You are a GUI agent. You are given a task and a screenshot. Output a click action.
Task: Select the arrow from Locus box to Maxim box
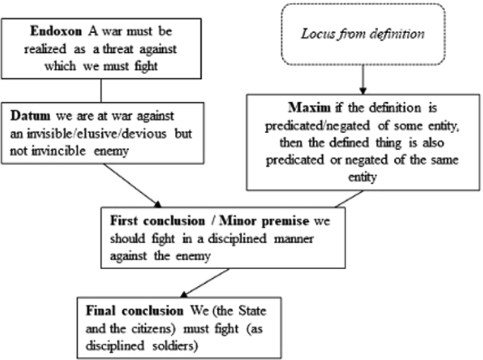coord(361,77)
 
